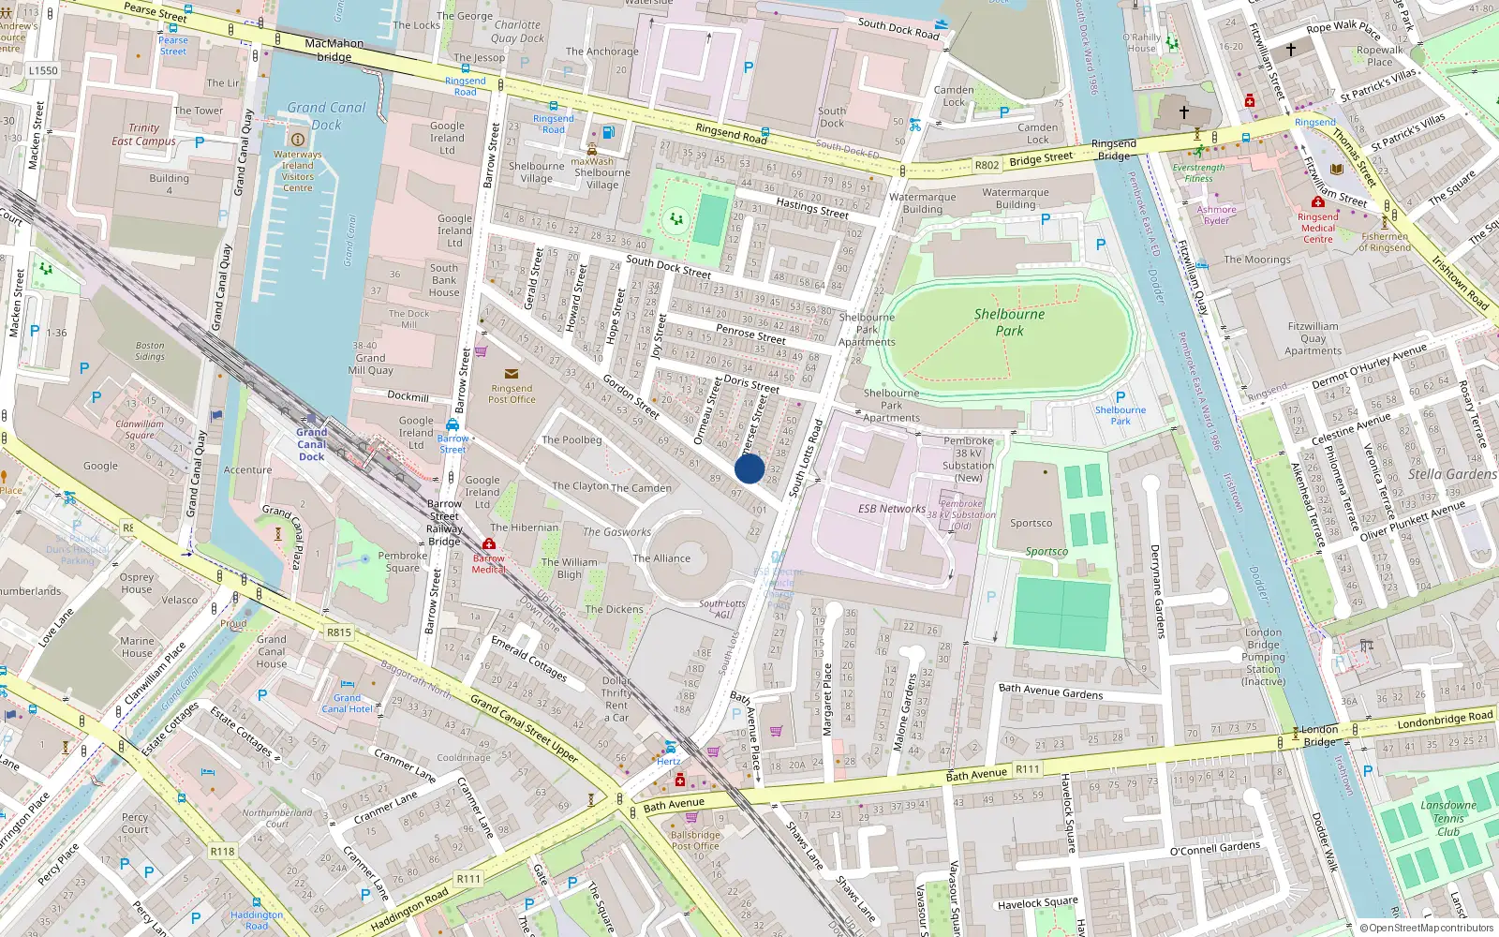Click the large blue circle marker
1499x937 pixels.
click(x=749, y=468)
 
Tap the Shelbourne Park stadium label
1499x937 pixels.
click(x=1009, y=322)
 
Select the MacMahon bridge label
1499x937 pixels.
click(x=334, y=50)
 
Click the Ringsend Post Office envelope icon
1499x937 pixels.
click(x=512, y=374)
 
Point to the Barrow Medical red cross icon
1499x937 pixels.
click(x=488, y=544)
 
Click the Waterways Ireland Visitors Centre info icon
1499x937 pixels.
click(x=298, y=140)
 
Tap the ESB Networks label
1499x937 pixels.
click(x=891, y=509)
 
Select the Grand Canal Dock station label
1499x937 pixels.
click(x=312, y=445)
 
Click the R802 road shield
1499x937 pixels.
click(x=987, y=165)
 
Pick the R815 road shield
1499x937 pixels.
click(x=339, y=632)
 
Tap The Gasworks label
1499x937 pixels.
click(x=616, y=532)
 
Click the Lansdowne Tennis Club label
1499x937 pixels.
click(x=1447, y=818)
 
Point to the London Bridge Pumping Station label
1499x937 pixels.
click(x=1263, y=656)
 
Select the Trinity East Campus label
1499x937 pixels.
click(x=143, y=135)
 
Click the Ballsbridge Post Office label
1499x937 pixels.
click(x=695, y=840)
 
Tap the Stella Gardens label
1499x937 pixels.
click(x=1451, y=474)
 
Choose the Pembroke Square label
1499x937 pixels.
click(x=403, y=561)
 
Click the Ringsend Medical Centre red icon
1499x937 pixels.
click(x=1317, y=201)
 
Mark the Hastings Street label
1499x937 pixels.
click(x=811, y=209)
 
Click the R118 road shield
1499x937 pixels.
click(x=222, y=852)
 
